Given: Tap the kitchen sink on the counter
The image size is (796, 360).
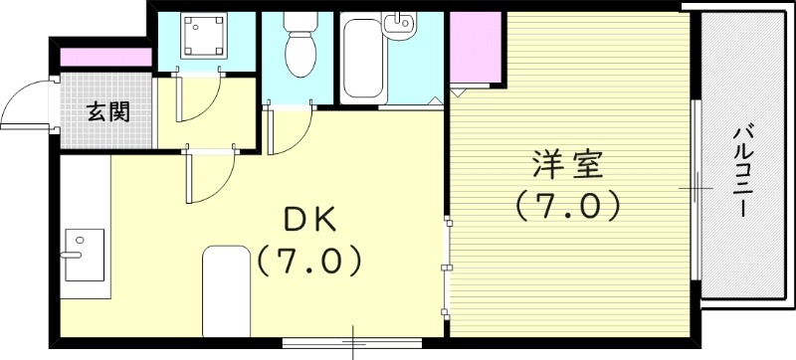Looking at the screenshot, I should coord(84,253).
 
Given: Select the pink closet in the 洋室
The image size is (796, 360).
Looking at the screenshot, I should coord(477,50).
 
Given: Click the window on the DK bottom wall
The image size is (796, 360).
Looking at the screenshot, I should coord(354,343).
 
